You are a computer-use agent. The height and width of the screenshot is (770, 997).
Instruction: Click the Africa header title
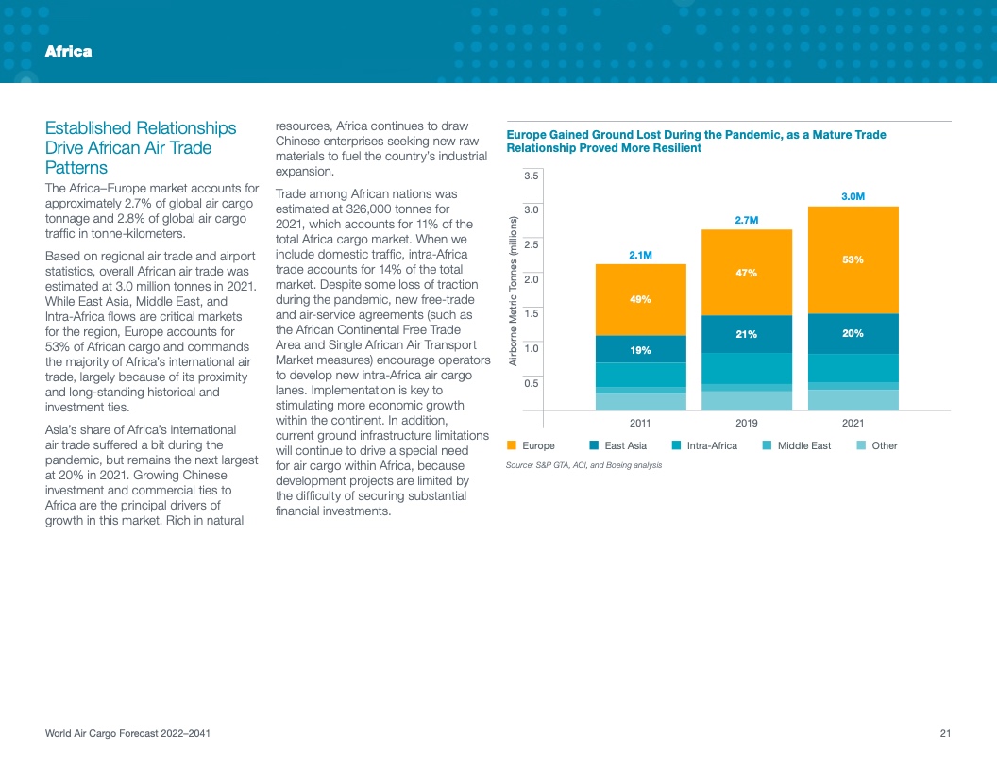click(68, 51)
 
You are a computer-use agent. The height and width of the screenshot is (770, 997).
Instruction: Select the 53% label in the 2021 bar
click(853, 259)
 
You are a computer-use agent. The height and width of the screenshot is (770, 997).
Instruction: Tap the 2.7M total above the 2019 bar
click(747, 220)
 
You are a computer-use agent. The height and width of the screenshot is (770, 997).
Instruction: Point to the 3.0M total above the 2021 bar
click(853, 196)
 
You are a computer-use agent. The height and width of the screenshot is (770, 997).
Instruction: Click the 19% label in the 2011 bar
click(640, 350)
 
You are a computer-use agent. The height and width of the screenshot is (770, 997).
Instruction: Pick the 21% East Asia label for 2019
click(747, 334)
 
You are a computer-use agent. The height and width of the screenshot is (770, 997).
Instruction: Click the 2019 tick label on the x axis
click(747, 424)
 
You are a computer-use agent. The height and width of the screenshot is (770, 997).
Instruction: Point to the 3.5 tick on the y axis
click(531, 176)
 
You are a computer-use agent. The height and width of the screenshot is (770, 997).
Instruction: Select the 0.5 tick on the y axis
click(531, 382)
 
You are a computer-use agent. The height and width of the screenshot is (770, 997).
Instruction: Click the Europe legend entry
click(532, 445)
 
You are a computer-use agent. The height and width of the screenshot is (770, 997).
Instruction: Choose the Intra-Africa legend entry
click(704, 445)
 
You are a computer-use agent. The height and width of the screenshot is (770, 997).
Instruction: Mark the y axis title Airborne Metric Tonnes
click(513, 291)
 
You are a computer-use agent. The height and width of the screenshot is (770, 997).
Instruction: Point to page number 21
click(944, 734)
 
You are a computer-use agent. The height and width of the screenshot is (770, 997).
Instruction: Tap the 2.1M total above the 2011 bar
click(640, 255)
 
